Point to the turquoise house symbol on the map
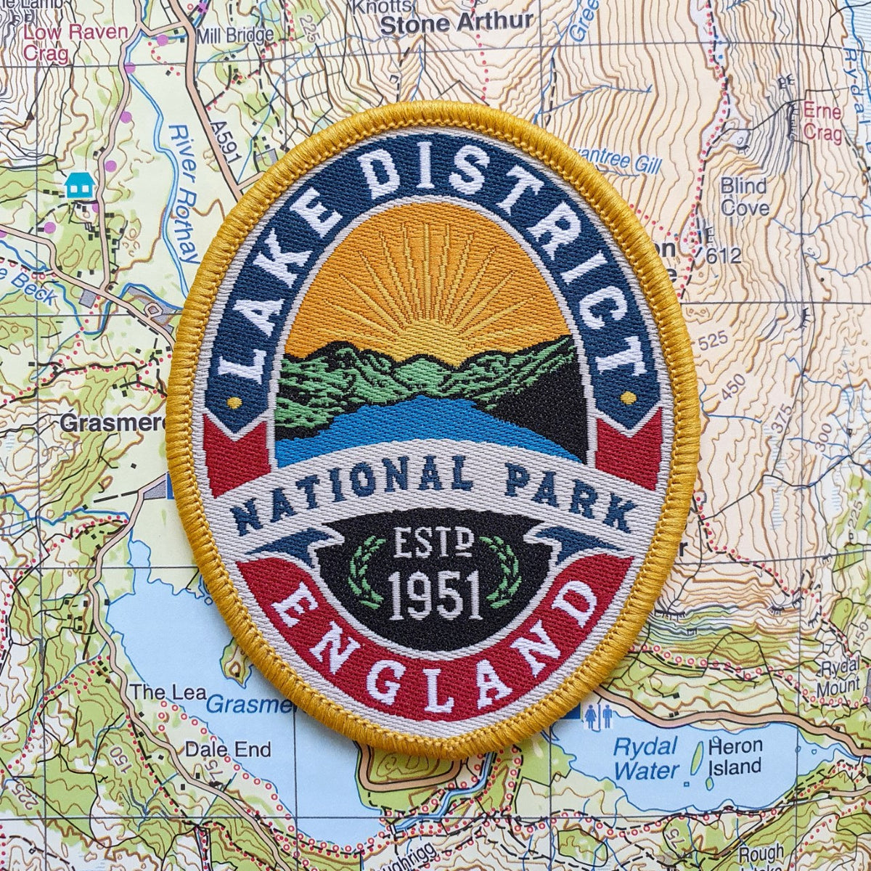point(79,187)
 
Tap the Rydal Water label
point(645,758)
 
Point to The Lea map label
point(159,692)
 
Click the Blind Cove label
point(745,197)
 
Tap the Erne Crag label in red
point(822,123)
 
